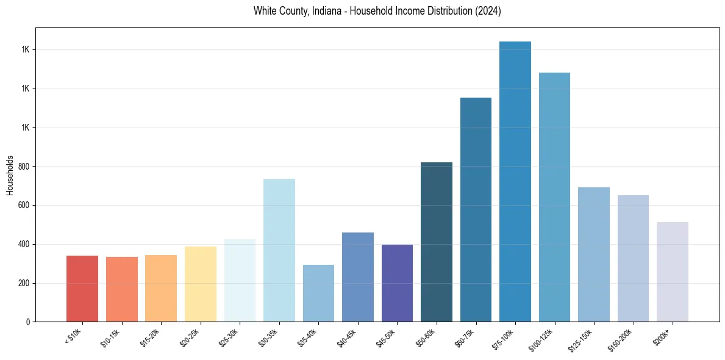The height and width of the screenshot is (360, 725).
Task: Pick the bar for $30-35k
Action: point(279,250)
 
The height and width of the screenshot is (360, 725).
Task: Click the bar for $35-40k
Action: point(318,293)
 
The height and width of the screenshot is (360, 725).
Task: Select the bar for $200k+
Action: point(673,272)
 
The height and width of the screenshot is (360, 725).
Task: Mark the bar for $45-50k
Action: point(397,283)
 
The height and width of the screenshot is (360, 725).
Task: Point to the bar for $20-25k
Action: point(201,284)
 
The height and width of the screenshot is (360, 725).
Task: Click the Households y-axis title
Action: point(10,175)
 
